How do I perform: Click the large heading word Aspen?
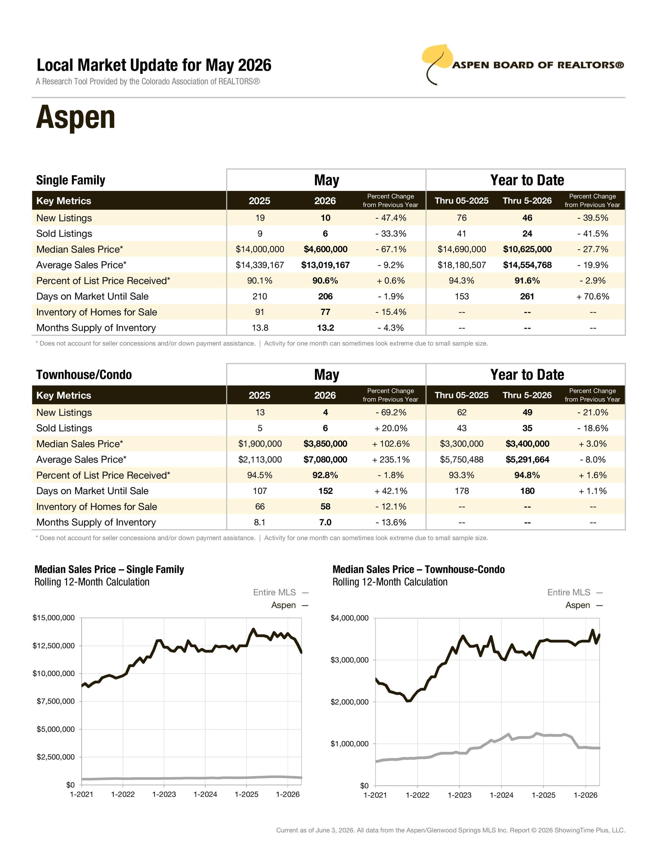[x=76, y=117]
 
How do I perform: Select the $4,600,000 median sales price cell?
[x=325, y=249]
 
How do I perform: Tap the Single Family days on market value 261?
[x=527, y=296]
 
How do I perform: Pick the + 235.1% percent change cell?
[x=391, y=459]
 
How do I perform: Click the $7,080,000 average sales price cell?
[x=325, y=459]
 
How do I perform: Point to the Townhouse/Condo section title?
[x=84, y=375]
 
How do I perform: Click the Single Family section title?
[x=71, y=180]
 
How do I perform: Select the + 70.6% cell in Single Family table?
[x=592, y=296]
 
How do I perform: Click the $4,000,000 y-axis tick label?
[x=350, y=618]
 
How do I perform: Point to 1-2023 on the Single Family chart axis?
[x=164, y=794]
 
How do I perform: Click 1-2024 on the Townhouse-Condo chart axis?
[x=502, y=795]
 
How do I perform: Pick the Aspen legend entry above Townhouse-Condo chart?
[x=584, y=605]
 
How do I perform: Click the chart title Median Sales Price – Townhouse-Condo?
[x=419, y=570]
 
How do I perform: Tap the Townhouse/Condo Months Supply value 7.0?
[x=325, y=522]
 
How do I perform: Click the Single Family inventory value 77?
[x=325, y=312]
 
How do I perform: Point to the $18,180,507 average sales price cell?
[x=462, y=265]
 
